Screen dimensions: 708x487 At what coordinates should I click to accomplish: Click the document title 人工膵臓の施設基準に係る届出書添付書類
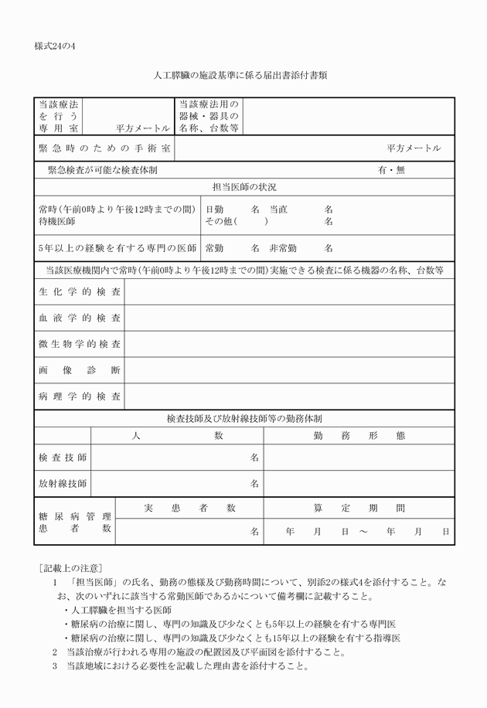243,75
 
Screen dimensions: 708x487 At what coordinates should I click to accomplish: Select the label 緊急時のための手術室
105,148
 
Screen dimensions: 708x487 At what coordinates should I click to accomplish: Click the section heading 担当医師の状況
244,187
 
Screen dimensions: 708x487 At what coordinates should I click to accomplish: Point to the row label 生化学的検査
80,292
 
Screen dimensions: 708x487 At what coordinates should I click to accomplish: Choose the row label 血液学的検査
80,318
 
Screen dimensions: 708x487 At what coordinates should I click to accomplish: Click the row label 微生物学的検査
80,343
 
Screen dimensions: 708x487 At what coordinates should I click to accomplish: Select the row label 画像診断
80,369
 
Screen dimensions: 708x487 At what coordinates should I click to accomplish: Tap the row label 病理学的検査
80,396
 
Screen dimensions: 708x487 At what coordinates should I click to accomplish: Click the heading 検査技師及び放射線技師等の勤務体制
244,418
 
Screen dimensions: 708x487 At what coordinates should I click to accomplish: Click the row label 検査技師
63,457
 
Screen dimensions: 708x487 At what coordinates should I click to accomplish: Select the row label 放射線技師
63,483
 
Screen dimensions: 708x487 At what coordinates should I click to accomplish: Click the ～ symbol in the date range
363,532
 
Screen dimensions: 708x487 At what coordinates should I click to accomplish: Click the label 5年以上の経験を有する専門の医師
117,248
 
